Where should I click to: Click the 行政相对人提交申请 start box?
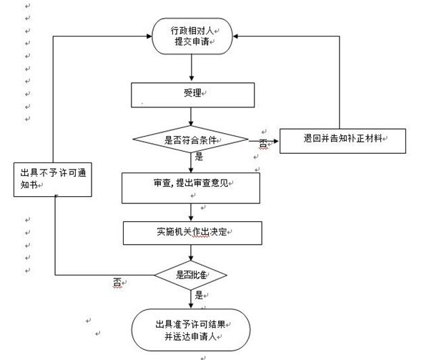click(x=191, y=36)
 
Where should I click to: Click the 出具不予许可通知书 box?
click(x=54, y=178)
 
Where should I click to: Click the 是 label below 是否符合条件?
click(x=199, y=156)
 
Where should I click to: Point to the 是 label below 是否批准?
click(x=198, y=293)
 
